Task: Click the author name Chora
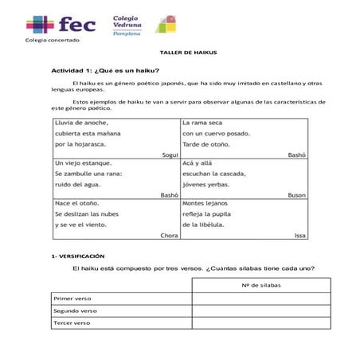(169, 236)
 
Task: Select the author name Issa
(300, 236)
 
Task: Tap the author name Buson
(297, 195)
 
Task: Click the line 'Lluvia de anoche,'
(81, 123)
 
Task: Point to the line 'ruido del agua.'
(79, 184)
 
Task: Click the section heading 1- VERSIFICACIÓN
(77, 256)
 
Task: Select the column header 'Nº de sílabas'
(260, 284)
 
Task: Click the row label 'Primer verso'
(73, 299)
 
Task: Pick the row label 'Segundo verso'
(75, 311)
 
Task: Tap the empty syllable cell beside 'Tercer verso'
(260, 323)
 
